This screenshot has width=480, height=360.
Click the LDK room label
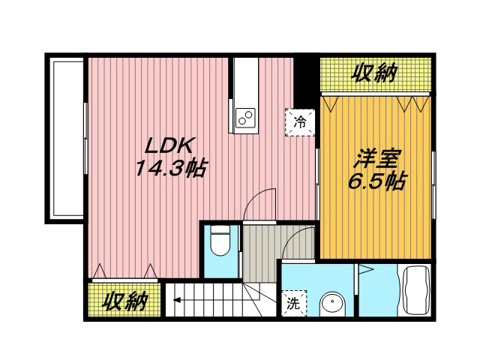(169, 146)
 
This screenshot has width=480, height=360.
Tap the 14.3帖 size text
(170, 168)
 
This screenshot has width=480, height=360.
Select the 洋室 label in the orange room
(376, 159)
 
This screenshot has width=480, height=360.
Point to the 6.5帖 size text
(376, 181)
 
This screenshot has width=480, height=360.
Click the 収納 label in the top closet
(374, 73)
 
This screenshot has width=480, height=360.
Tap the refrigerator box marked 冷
(300, 122)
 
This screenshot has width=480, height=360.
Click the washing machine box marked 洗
(293, 303)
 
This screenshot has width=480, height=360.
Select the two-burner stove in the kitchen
(245, 118)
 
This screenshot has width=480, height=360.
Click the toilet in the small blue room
(220, 241)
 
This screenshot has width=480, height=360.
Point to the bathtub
(415, 290)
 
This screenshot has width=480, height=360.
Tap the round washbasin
(332, 304)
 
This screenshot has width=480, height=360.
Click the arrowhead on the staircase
(177, 300)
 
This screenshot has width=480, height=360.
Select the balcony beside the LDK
(65, 139)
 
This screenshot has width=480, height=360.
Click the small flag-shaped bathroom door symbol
(366, 269)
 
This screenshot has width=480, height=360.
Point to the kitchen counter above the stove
(245, 82)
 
